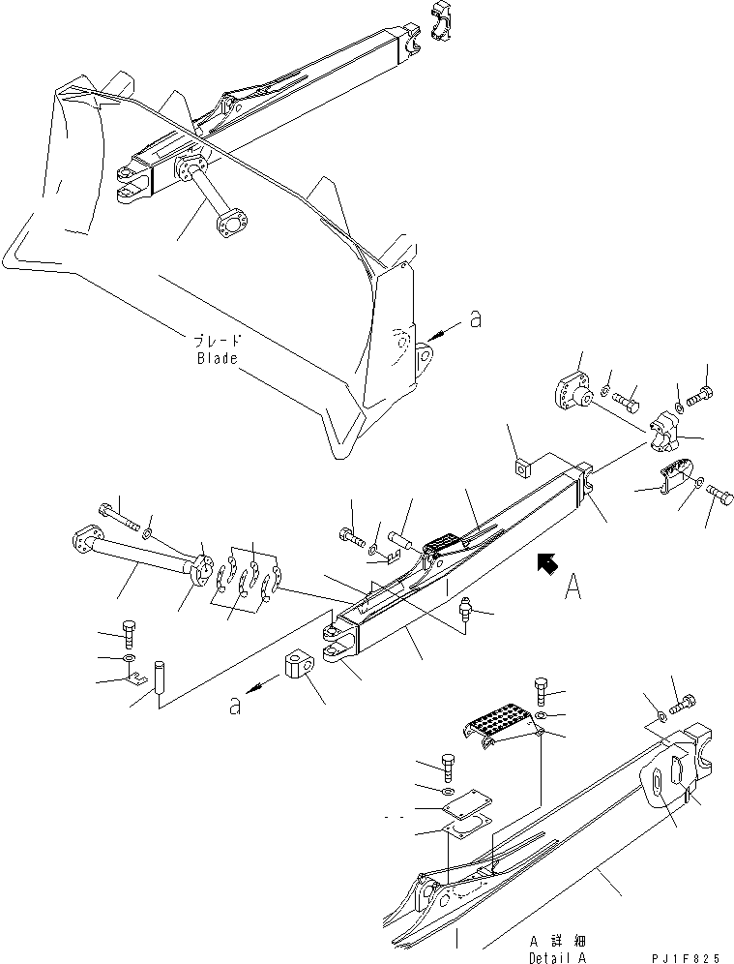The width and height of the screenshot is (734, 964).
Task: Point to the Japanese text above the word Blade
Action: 218,340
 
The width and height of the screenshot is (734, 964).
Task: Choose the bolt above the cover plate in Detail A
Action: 448,765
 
